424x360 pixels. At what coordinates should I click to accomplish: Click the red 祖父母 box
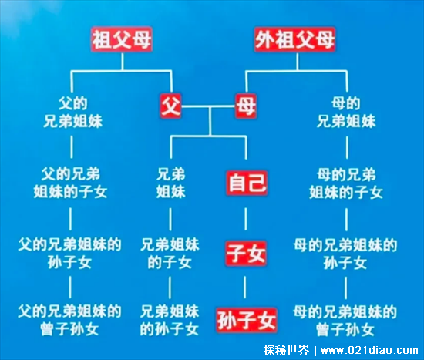[122, 39]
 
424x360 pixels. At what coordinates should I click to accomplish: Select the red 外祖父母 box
[294, 39]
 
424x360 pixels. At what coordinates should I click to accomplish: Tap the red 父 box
[170, 106]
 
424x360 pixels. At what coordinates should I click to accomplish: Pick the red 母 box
[246, 106]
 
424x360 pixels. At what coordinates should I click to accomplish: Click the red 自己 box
[247, 183]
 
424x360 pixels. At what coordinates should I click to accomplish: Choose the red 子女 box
[246, 254]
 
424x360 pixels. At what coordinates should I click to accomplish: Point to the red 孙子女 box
[247, 320]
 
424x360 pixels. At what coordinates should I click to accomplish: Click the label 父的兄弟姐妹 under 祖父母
[72, 113]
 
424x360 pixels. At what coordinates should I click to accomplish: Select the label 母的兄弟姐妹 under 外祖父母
[346, 113]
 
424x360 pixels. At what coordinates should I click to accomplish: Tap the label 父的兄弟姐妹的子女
[70, 183]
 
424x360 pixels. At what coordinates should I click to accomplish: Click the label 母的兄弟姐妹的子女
[346, 183]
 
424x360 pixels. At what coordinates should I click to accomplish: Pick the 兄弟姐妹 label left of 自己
[170, 183]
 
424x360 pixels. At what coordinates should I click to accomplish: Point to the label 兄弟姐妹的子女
[170, 254]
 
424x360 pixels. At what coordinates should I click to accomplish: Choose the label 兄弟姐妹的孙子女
[170, 320]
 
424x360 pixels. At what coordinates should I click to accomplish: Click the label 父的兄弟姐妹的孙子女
[69, 254]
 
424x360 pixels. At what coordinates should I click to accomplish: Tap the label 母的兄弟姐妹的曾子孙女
[345, 321]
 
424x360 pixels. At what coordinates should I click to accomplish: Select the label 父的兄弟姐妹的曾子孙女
[69, 320]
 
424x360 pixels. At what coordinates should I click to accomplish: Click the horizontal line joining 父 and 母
[208, 106]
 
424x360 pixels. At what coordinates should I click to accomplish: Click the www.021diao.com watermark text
[369, 351]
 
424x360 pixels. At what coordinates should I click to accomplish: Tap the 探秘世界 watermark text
[286, 350]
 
